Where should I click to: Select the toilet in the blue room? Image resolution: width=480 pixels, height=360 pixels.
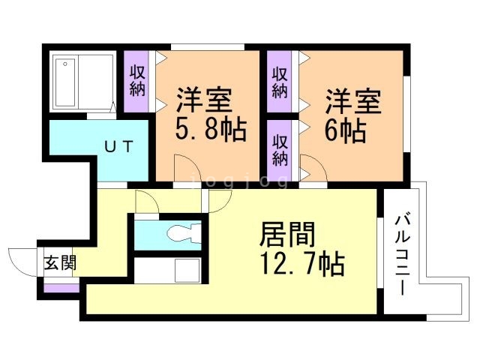(x=180, y=232)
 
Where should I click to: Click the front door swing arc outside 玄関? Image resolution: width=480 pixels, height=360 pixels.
(x=20, y=262)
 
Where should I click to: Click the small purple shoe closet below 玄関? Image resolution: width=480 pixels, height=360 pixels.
(x=61, y=286)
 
